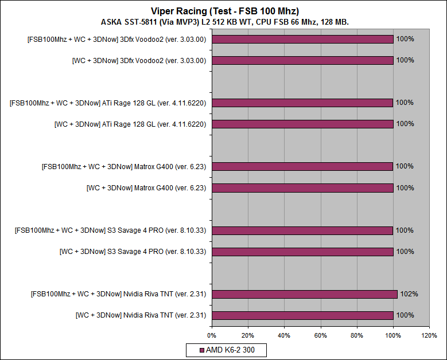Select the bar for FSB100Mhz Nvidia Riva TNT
pyautogui.click(x=304, y=294)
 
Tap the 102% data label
pyautogui.click(x=409, y=294)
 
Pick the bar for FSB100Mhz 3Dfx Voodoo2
pyautogui.click(x=302, y=39)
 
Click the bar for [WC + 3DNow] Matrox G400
pyautogui.click(x=302, y=187)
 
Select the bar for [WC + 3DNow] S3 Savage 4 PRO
pyautogui.click(x=302, y=251)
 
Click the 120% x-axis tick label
pyautogui.click(x=429, y=335)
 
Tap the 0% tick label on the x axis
pyautogui.click(x=211, y=335)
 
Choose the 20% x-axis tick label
pyautogui.click(x=247, y=335)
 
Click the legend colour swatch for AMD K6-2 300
pyautogui.click(x=201, y=350)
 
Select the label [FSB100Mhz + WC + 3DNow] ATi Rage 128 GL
pyautogui.click(x=108, y=103)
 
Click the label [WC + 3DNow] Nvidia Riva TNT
pyautogui.click(x=141, y=315)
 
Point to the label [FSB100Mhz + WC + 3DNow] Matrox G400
pyautogui.click(x=124, y=166)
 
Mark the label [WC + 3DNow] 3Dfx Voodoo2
pyautogui.click(x=139, y=60)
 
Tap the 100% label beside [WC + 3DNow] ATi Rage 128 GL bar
pyautogui.click(x=405, y=124)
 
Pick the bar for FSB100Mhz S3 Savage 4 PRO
pyautogui.click(x=302, y=230)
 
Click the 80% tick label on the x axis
pyautogui.click(x=356, y=335)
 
